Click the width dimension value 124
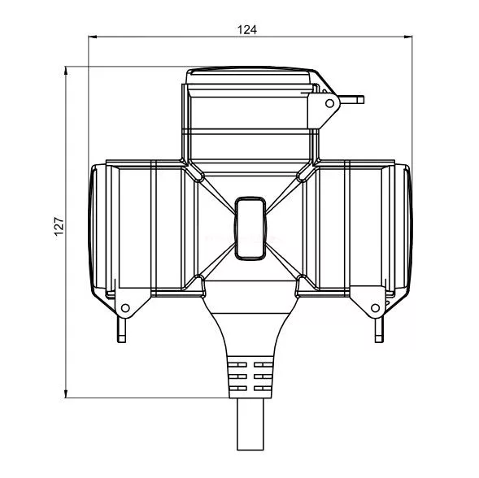(247, 29)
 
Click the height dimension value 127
(59, 226)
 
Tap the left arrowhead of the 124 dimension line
(92, 37)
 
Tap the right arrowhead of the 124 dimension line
(408, 37)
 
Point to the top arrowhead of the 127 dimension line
(66, 71)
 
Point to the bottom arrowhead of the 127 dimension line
(66, 393)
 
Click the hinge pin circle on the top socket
(329, 103)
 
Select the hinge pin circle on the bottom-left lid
(125, 308)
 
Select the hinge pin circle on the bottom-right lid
(376, 308)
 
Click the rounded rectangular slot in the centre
(250, 228)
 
